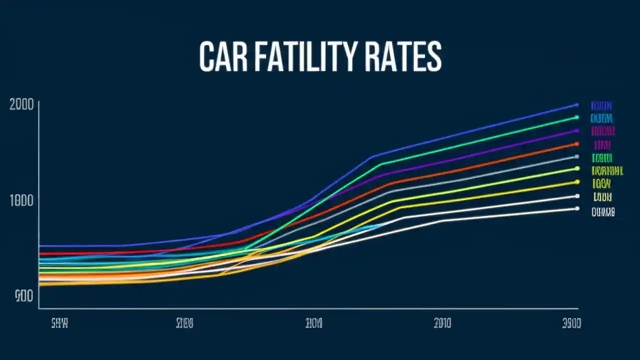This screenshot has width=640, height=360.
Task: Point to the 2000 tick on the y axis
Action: (x=21, y=105)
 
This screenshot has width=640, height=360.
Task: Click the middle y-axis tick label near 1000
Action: (x=21, y=201)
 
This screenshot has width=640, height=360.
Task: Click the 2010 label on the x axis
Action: (x=442, y=323)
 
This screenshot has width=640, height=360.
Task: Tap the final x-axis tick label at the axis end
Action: (x=570, y=323)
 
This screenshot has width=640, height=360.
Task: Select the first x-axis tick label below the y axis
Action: (x=59, y=323)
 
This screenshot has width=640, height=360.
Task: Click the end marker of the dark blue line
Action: (x=576, y=105)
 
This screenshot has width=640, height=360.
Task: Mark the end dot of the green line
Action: (x=576, y=117)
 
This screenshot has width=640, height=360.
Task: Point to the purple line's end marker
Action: (x=576, y=130)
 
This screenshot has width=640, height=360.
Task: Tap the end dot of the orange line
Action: (x=576, y=144)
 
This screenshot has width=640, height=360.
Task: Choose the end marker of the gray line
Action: (x=576, y=156)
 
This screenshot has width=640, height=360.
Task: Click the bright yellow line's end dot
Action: (x=577, y=182)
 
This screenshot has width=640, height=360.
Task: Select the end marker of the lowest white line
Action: (x=577, y=208)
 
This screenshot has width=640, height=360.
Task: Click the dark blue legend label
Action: (x=601, y=106)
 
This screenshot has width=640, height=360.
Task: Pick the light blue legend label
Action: (x=601, y=118)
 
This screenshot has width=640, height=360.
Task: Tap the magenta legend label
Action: (x=602, y=131)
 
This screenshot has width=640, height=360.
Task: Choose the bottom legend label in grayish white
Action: (x=602, y=212)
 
